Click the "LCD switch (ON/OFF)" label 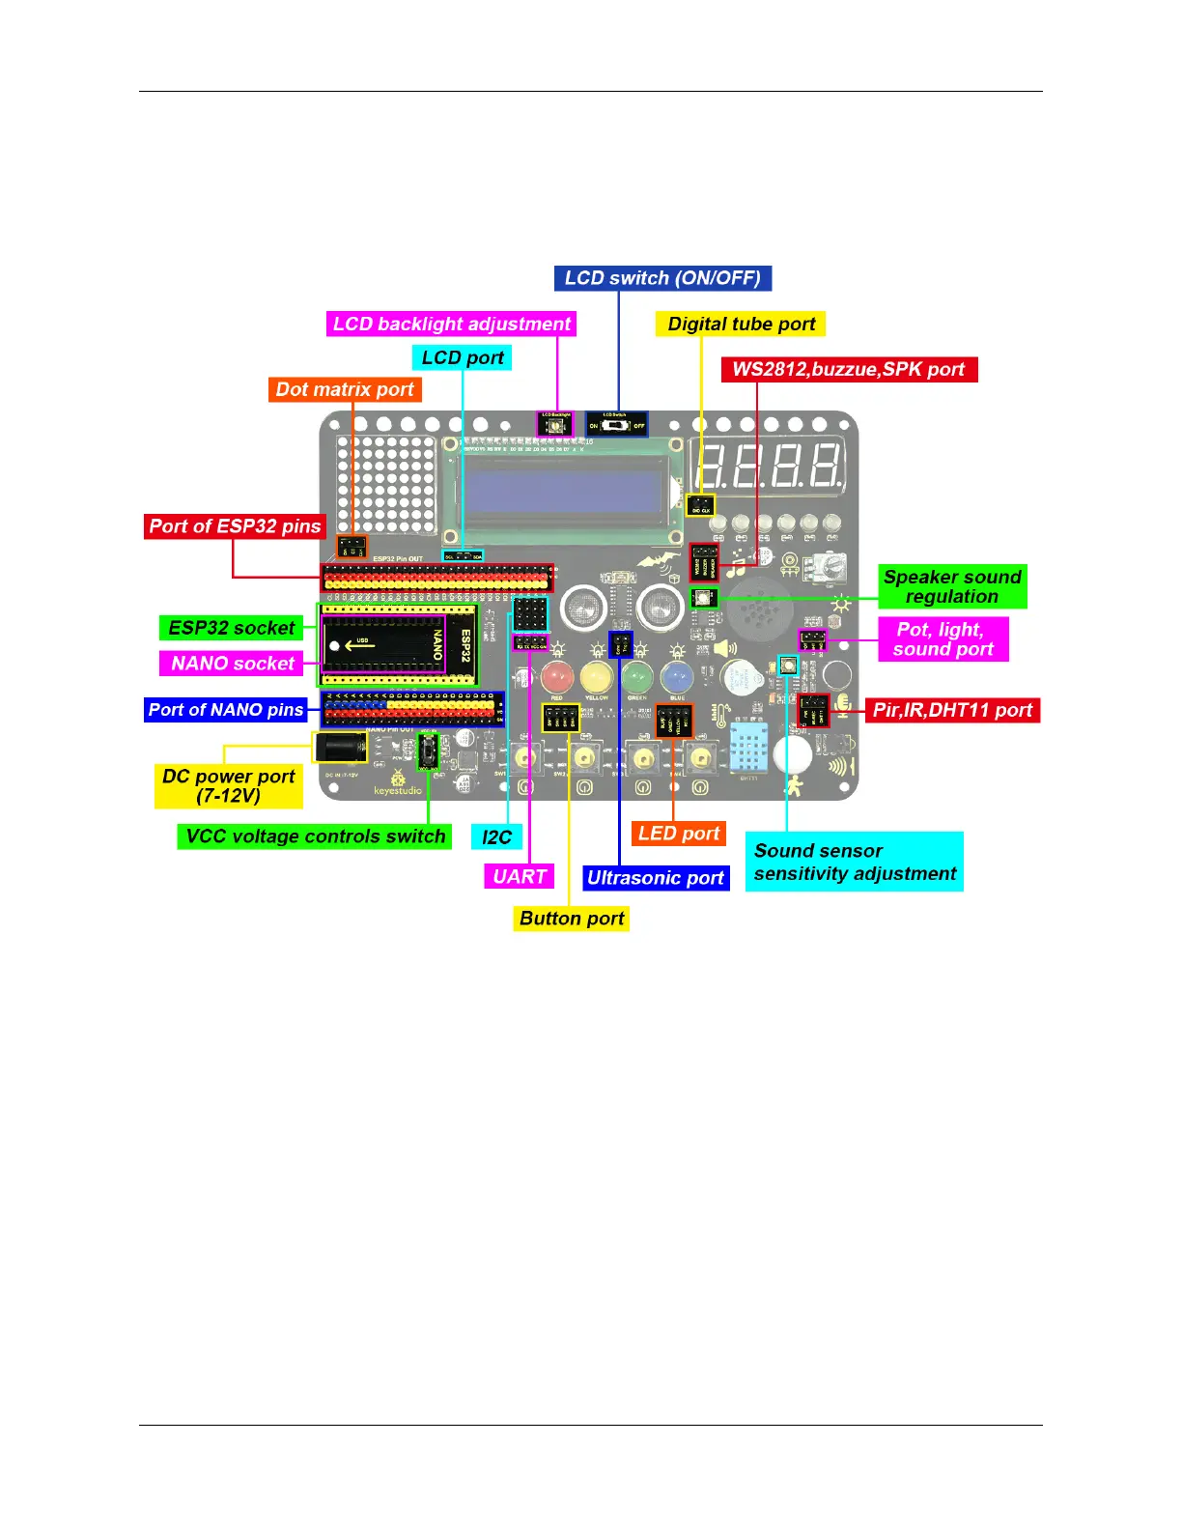point(662,278)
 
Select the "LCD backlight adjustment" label point(451,325)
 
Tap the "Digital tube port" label point(741,325)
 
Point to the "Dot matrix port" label point(345,390)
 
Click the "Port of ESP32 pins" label point(235,526)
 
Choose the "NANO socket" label point(232,664)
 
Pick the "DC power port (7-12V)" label point(229,786)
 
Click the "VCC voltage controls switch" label point(315,836)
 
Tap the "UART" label point(520,877)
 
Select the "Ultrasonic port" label point(656,878)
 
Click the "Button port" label point(572,919)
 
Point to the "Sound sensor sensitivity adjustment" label point(855,862)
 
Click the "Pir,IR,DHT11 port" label point(952,711)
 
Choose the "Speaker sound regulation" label point(952,587)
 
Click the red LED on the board point(557,677)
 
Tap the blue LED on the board point(677,677)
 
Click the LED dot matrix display point(385,485)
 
